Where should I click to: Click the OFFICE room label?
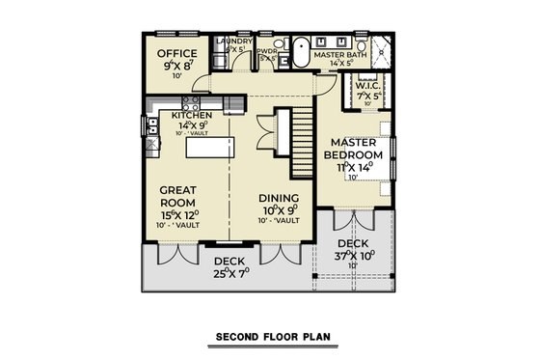coord(177,53)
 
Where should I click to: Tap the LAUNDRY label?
coord(234,42)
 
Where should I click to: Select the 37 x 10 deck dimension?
coord(355,256)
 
